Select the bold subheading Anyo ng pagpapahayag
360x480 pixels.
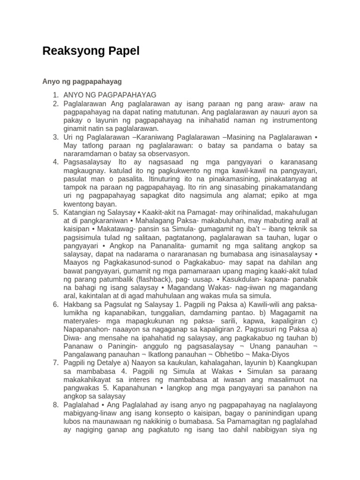[82, 81]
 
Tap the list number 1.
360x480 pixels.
[55, 95]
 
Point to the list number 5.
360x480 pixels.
[55, 212]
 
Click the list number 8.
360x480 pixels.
[55, 404]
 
